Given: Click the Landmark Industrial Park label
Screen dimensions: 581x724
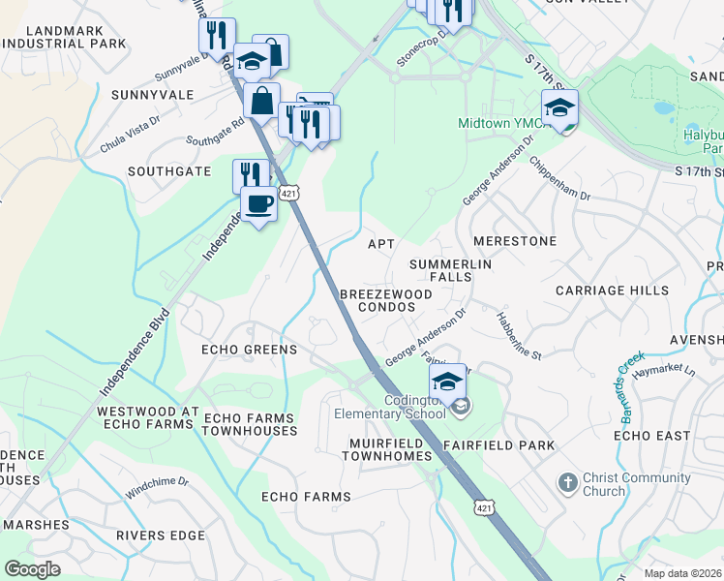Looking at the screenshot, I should (x=67, y=38).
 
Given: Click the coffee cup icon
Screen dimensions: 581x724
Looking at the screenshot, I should (x=258, y=204).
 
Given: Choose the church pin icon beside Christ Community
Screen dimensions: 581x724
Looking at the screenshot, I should (x=567, y=480).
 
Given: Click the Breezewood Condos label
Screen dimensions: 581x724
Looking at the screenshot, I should (x=377, y=299).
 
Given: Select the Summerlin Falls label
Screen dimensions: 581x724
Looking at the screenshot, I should (x=451, y=270).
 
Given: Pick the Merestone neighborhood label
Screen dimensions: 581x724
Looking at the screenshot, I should (x=514, y=240).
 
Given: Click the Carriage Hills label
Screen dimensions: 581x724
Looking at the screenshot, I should (x=612, y=290).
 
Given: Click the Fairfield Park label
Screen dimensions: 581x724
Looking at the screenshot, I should (x=499, y=445).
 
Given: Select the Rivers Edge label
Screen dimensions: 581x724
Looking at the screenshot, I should (x=161, y=535).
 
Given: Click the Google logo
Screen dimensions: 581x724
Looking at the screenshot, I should (x=32, y=569).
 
